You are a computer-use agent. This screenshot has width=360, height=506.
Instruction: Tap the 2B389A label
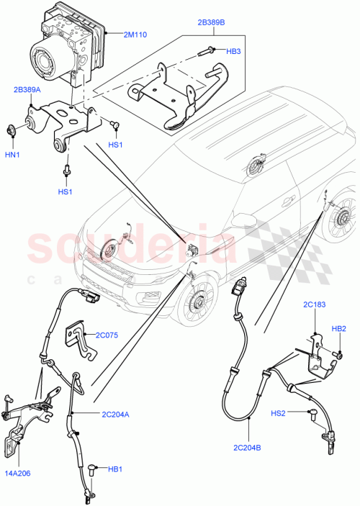[27, 90]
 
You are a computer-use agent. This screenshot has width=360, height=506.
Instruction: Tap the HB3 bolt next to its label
[204, 50]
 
